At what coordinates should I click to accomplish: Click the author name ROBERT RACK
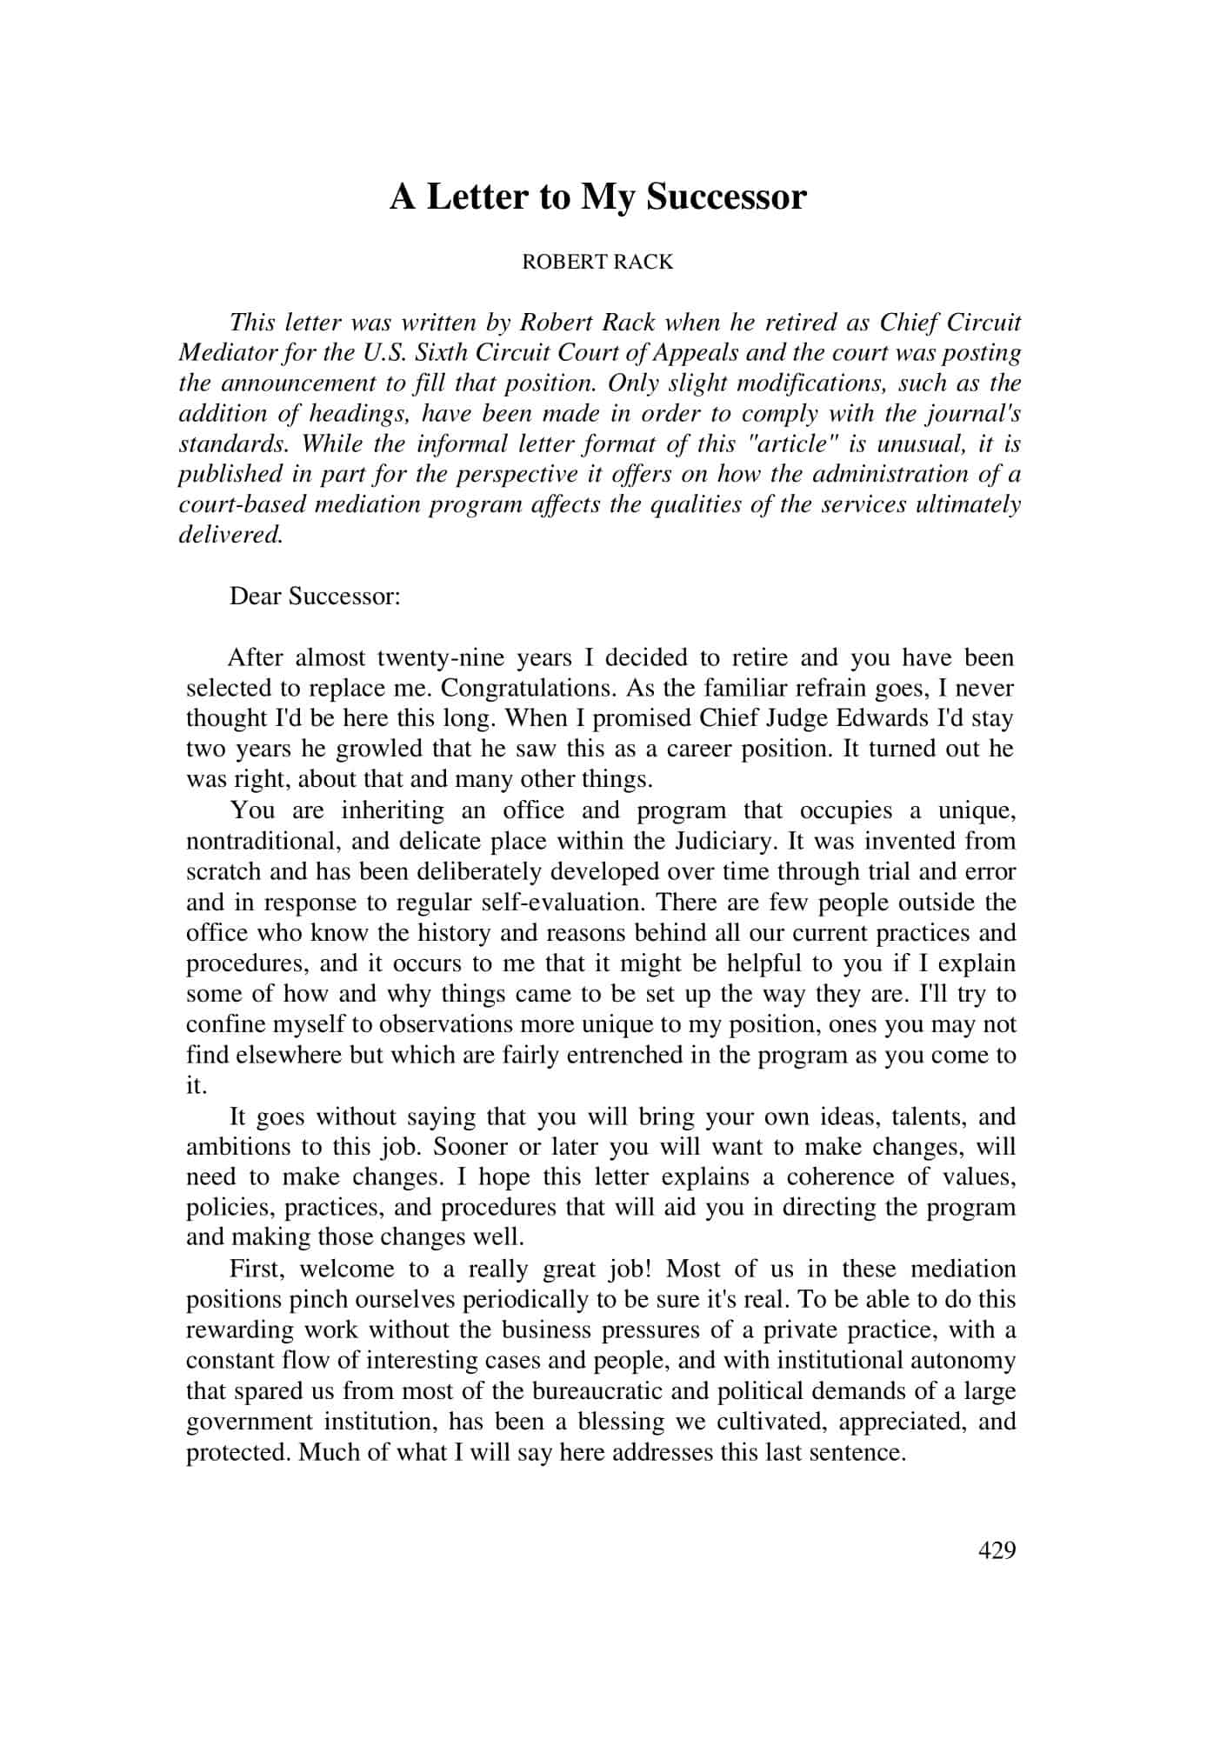click(597, 263)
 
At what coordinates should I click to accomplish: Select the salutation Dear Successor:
click(315, 596)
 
